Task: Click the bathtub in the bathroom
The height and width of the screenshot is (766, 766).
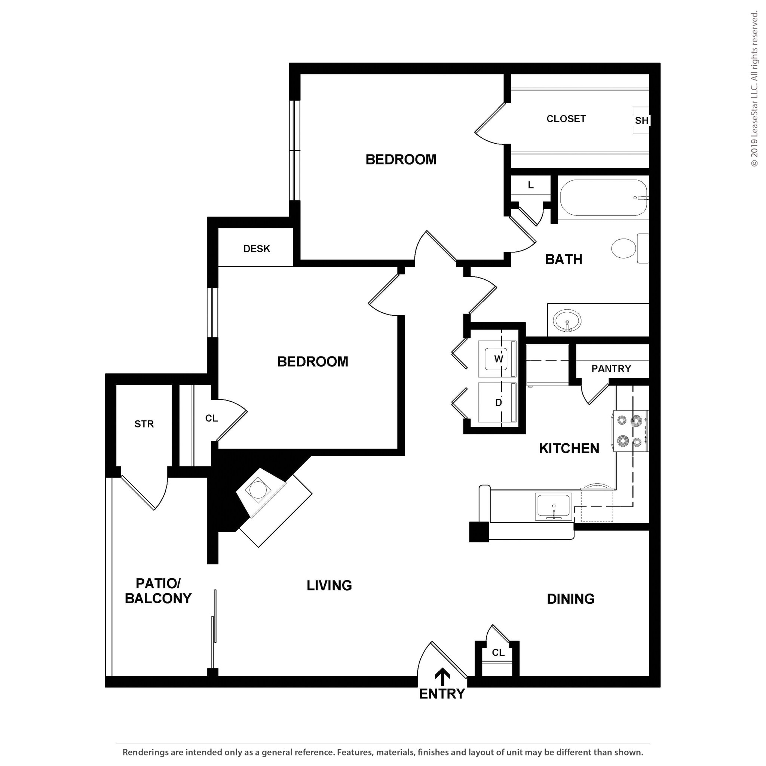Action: point(603,198)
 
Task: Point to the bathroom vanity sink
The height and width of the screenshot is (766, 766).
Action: point(567,321)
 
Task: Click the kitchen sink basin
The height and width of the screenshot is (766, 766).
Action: point(554,507)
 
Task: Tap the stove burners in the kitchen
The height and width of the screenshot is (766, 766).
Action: point(629,431)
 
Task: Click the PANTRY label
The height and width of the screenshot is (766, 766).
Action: point(611,369)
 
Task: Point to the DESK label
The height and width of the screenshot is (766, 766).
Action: point(257,249)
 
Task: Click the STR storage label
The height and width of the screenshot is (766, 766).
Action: point(144,424)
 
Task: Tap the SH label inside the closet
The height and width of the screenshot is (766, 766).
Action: point(641,120)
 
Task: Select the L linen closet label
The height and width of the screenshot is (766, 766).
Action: point(530,185)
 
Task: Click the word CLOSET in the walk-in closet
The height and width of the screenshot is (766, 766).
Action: point(566,119)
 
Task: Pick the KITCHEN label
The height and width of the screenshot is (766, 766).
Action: point(569,448)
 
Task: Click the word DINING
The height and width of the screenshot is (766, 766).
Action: point(570,599)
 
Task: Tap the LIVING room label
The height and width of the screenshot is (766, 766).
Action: point(329,585)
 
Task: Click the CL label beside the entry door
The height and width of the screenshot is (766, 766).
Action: point(498,653)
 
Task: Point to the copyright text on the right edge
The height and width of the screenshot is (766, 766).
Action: point(754,89)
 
